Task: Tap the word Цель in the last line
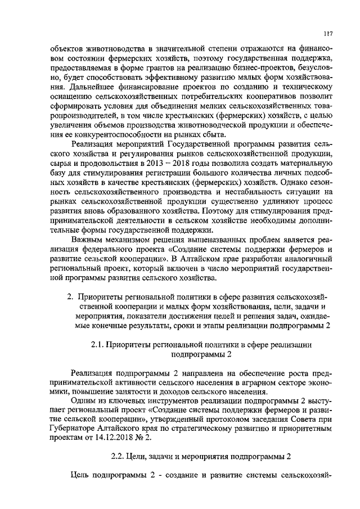pyautogui.click(x=84, y=472)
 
